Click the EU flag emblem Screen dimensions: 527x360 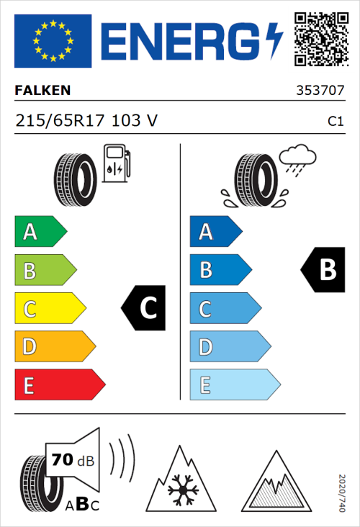pyautogui.click(x=53, y=40)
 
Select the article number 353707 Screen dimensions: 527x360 pyautogui.click(x=319, y=91)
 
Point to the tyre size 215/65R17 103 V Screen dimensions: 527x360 pyautogui.click(x=86, y=121)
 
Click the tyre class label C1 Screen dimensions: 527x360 pyautogui.click(x=335, y=122)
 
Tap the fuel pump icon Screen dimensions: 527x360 pyautogui.click(x=116, y=163)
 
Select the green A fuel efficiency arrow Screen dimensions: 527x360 pyautogui.click(x=40, y=232)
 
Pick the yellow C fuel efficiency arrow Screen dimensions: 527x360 pyautogui.click(x=50, y=309)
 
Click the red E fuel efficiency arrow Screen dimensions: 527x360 pyautogui.click(x=59, y=385)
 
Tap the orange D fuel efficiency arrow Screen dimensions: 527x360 pyautogui.click(x=54, y=347)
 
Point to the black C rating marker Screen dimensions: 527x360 pyautogui.click(x=144, y=308)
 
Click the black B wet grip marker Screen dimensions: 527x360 pyautogui.click(x=322, y=270)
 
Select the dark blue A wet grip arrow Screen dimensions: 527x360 pyautogui.click(x=215, y=232)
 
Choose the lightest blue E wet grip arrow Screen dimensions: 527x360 pyautogui.click(x=234, y=385)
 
